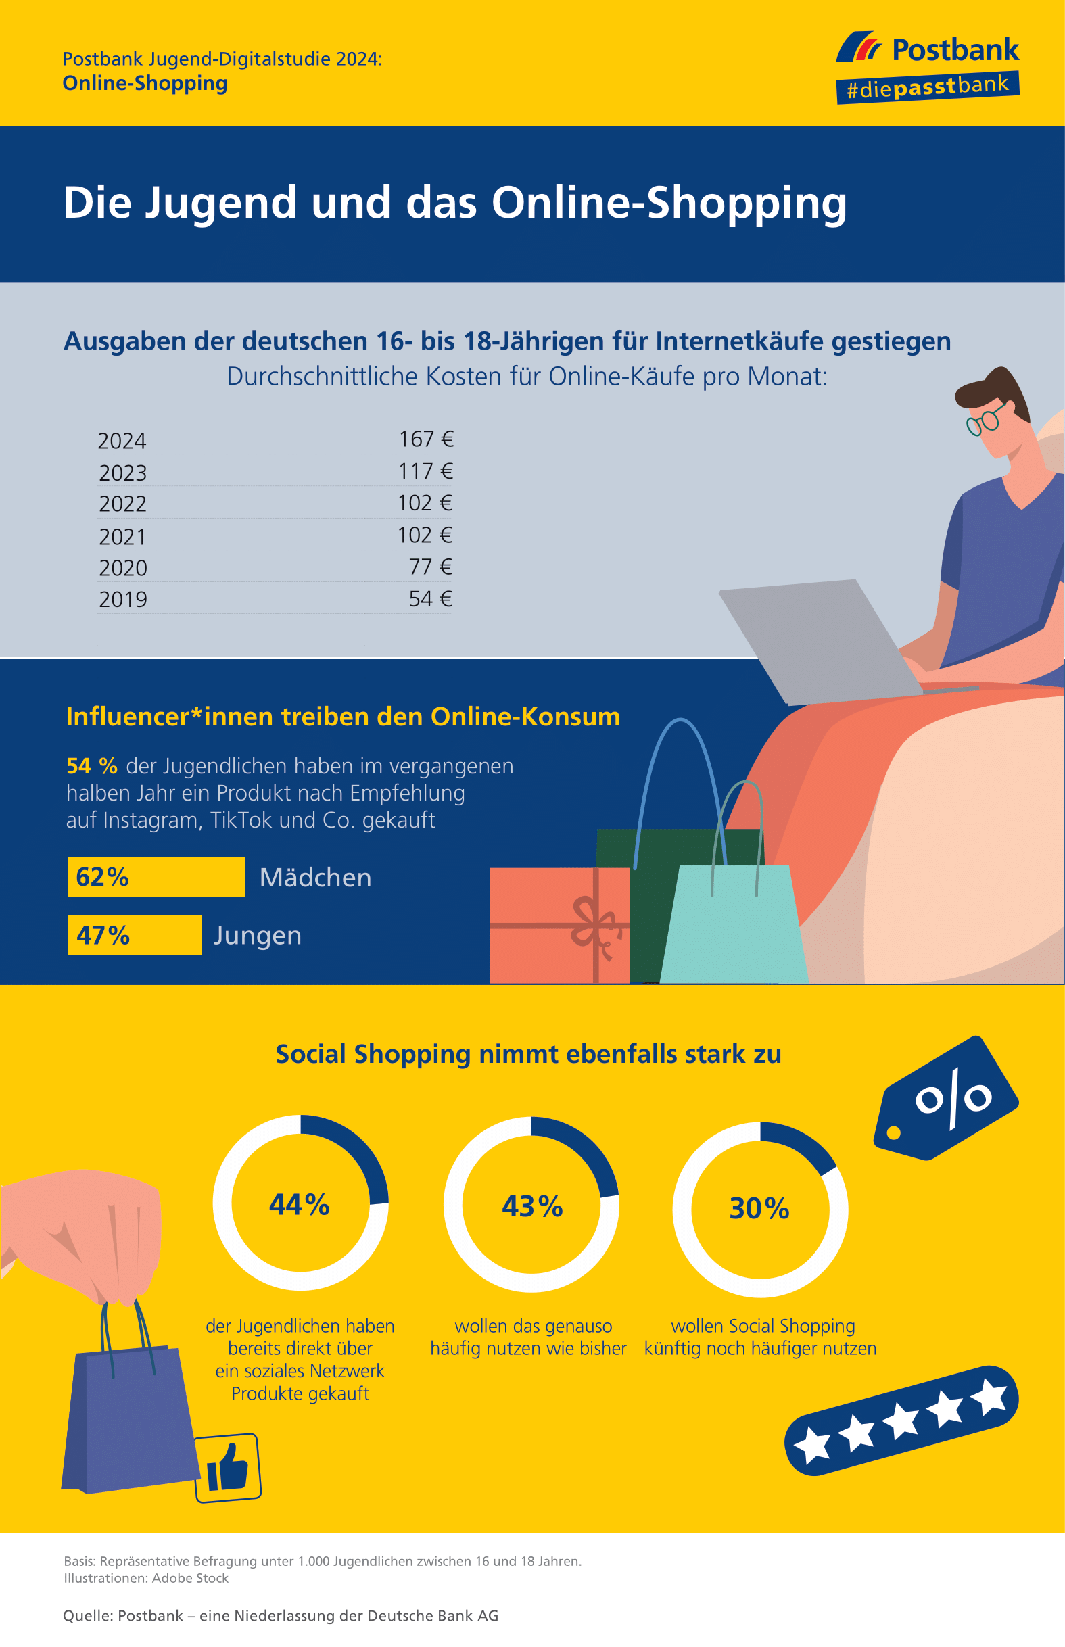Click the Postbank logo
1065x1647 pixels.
pyautogui.click(x=927, y=49)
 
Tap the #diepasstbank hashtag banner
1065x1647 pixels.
pyautogui.click(x=927, y=88)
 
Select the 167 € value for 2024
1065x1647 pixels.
pyautogui.click(x=426, y=439)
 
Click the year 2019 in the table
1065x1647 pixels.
pyautogui.click(x=123, y=600)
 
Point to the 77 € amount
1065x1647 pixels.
pyautogui.click(x=430, y=567)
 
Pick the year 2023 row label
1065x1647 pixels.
pyautogui.click(x=123, y=473)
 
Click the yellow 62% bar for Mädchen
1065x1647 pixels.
pyautogui.click(x=156, y=877)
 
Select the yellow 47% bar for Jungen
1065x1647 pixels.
pyautogui.click(x=135, y=935)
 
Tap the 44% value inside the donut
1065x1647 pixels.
pyautogui.click(x=300, y=1203)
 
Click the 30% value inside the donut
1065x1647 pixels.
pyautogui.click(x=759, y=1208)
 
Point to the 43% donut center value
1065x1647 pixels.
pyautogui.click(x=531, y=1206)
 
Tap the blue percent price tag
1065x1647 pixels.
pyautogui.click(x=947, y=1097)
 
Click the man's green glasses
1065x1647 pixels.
pyautogui.click(x=985, y=419)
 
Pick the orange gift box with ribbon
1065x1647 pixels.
pyautogui.click(x=559, y=925)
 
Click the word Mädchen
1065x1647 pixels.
pyautogui.click(x=315, y=877)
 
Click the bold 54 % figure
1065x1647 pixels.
pyautogui.click(x=92, y=765)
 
